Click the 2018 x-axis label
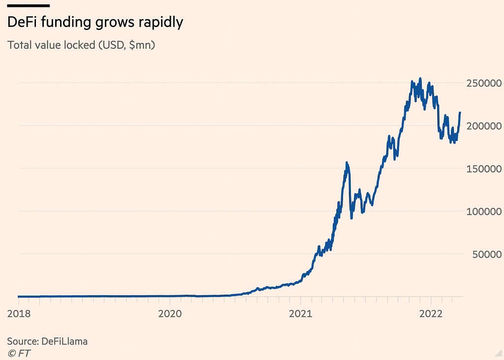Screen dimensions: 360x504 [x=18, y=313]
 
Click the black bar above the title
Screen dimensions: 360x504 [x=29, y=5]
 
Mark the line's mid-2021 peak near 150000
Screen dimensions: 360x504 [x=347, y=162]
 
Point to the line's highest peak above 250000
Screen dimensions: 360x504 [x=420, y=78]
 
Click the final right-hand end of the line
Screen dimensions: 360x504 [x=460, y=113]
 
